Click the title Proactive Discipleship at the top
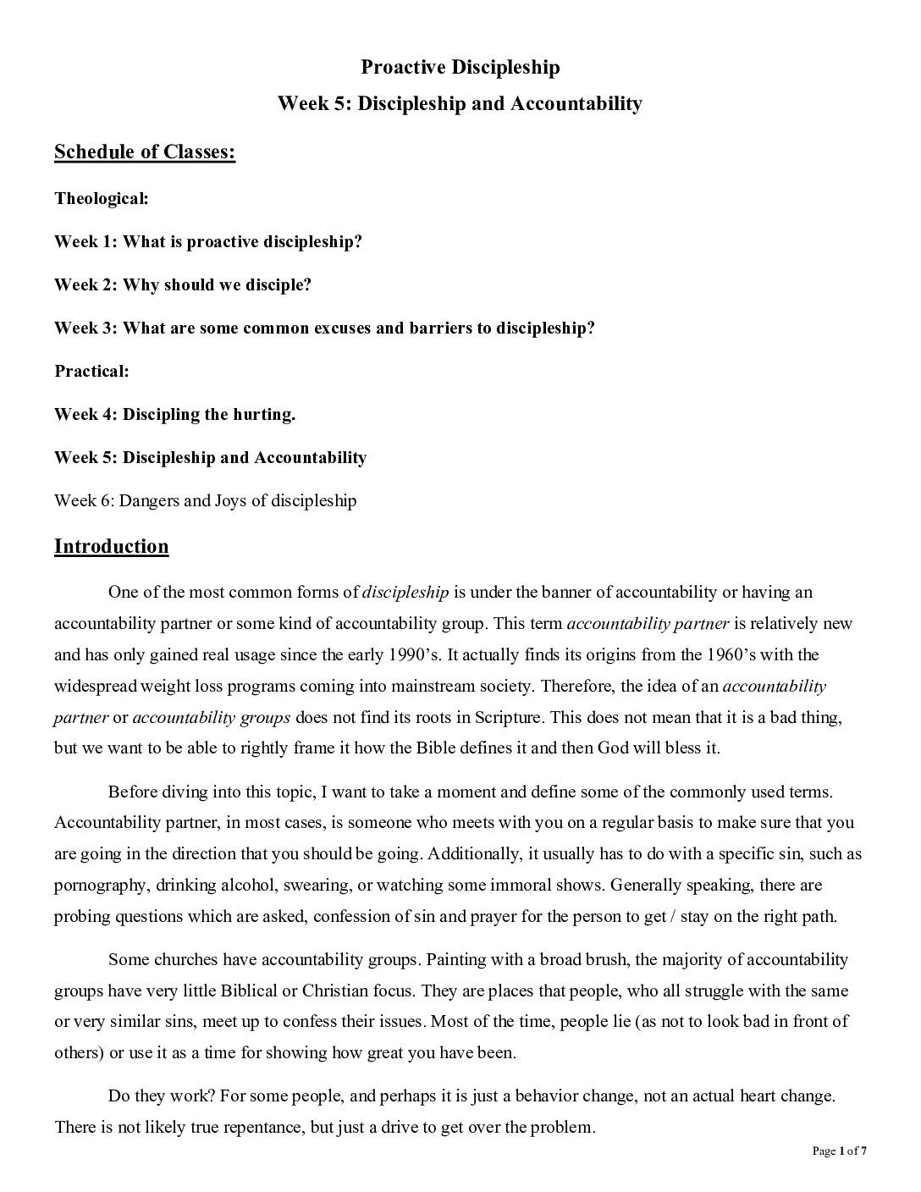[x=460, y=67]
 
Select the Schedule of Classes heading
[x=145, y=152]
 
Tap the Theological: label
[x=102, y=199]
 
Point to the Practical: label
[x=91, y=371]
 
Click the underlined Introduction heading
[x=112, y=547]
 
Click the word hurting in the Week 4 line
[x=263, y=414]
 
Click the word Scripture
[x=506, y=717]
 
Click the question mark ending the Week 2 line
[x=307, y=285]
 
